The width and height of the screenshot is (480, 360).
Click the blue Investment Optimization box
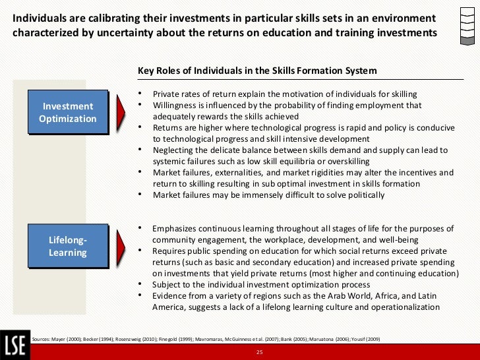(67, 112)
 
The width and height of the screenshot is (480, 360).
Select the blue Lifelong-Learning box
(67, 246)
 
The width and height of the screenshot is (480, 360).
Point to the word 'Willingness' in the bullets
(175, 105)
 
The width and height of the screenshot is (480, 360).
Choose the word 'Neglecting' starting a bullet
(175, 150)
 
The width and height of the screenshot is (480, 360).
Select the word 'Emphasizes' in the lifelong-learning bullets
(176, 229)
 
